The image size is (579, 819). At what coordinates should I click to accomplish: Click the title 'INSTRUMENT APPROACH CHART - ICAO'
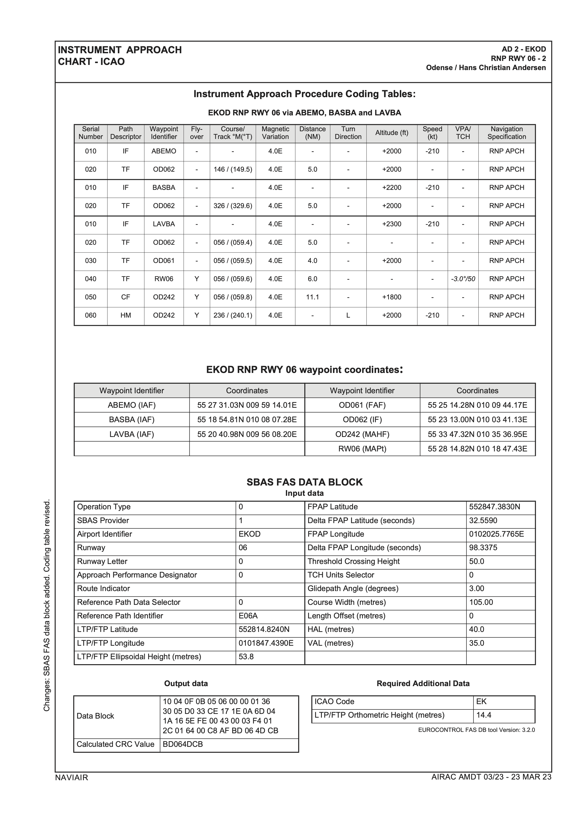120,56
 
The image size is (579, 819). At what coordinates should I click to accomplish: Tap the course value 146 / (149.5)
233,170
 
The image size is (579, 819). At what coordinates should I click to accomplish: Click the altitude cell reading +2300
391,224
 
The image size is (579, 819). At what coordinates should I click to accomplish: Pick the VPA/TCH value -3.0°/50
463,279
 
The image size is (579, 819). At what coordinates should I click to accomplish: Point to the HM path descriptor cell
126,315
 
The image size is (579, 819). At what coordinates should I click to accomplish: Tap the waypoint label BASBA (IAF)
132,419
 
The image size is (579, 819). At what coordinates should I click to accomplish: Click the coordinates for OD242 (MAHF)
477,434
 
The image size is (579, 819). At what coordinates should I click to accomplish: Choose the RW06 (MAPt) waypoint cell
362,449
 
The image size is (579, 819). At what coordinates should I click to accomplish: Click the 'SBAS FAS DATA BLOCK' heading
304,482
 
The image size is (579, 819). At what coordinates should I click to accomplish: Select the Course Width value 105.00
481,602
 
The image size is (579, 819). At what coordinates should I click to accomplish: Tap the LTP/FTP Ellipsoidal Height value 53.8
246,657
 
